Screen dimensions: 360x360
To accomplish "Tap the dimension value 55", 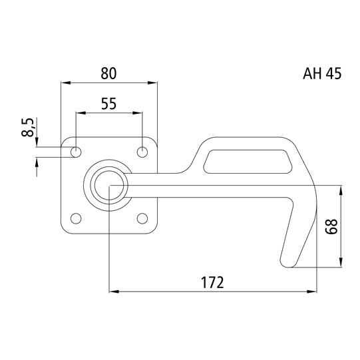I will [109, 103].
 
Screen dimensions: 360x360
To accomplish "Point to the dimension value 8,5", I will [27, 127].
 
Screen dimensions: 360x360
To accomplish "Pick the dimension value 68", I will [330, 227].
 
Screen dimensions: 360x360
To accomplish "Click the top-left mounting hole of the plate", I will [77, 152].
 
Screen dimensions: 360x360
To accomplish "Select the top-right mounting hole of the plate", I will [142, 152].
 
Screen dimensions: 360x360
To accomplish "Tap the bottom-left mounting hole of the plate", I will [77, 218].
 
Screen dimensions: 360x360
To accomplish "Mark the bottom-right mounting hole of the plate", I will [142, 218].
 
